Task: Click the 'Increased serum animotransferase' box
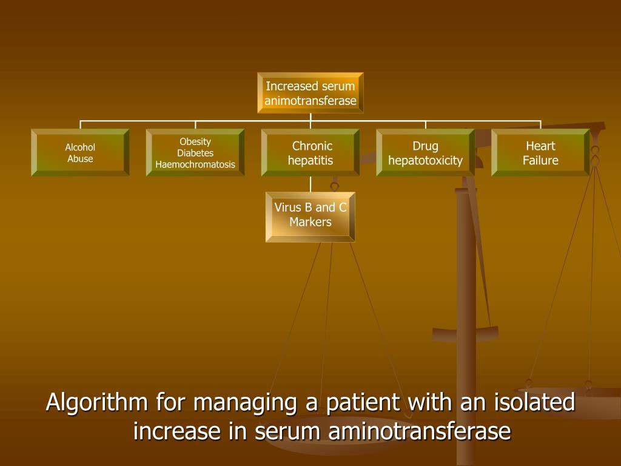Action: tap(310, 93)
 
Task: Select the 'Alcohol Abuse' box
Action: tap(80, 153)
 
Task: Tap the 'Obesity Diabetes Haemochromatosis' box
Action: tap(195, 153)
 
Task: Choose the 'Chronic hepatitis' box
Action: tap(310, 153)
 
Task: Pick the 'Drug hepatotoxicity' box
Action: tap(426, 153)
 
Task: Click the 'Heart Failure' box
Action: tap(540, 153)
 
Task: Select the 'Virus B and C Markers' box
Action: tap(310, 217)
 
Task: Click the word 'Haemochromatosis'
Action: tap(195, 164)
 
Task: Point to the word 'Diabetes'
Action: tap(195, 153)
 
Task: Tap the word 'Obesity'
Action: tap(195, 142)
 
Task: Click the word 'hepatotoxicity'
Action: tap(426, 161)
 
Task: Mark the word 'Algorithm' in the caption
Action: tap(98, 402)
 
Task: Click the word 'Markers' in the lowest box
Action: tap(310, 222)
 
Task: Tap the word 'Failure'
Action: tap(540, 161)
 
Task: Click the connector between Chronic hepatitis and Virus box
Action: tap(310, 184)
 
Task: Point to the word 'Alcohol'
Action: tap(80, 147)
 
